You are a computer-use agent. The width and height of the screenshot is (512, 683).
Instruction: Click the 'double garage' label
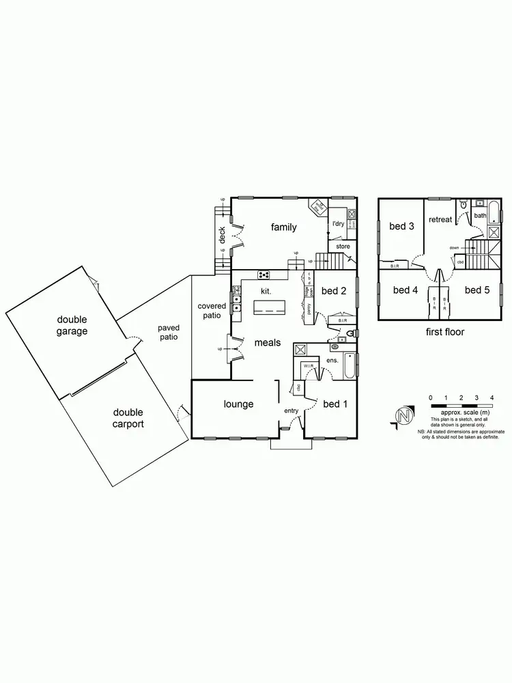[72, 325]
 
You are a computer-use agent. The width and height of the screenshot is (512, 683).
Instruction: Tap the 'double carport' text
[128, 418]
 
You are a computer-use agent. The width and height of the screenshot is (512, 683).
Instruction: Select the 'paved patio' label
[168, 333]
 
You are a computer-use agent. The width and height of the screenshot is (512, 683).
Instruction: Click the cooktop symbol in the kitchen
[263, 275]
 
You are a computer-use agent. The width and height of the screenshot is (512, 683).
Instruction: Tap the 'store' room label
[343, 246]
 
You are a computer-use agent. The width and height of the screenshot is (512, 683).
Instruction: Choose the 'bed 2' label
[335, 290]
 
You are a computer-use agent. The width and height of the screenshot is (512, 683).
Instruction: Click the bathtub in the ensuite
[349, 366]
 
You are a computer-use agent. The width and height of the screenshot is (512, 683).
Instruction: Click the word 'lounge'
[239, 404]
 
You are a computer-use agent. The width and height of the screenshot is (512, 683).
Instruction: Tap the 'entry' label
[291, 410]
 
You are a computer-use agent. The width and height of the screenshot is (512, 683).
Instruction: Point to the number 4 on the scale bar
[492, 397]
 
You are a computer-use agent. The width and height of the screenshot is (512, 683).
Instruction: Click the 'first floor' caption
[444, 332]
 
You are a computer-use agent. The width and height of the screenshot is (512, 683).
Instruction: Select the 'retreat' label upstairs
[440, 219]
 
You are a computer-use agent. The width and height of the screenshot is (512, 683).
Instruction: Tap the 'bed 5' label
[478, 290]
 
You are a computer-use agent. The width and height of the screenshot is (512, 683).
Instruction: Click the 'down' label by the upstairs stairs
[455, 248]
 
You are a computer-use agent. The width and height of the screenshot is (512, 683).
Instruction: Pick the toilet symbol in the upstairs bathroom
[464, 204]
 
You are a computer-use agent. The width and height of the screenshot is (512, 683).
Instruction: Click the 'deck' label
[222, 235]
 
